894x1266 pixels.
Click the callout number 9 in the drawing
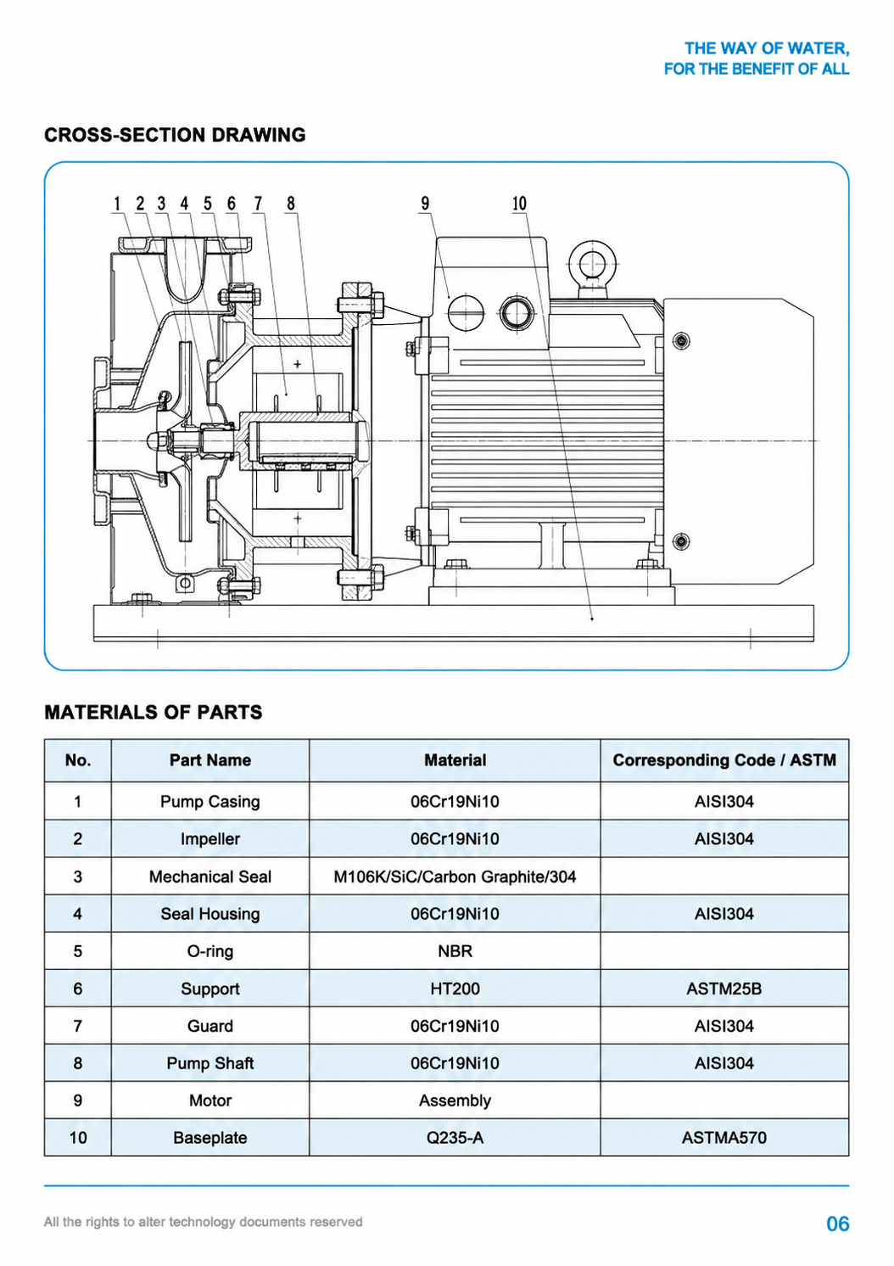click(x=425, y=203)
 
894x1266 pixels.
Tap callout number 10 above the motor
click(x=519, y=203)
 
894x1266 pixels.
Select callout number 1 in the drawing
click(x=118, y=203)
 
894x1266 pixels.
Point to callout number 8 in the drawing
click(x=290, y=203)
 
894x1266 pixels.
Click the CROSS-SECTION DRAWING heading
click(x=176, y=135)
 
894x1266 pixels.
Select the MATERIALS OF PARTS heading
click(x=154, y=712)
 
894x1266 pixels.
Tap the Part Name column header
click(x=210, y=760)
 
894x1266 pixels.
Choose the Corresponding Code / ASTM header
click(x=724, y=760)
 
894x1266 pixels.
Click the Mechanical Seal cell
click(x=210, y=877)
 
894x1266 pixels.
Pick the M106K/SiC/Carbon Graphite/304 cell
click(x=455, y=877)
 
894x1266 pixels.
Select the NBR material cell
click(x=455, y=951)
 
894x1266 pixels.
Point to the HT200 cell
click(x=455, y=989)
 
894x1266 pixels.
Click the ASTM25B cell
click(x=724, y=989)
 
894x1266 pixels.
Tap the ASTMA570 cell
click(x=724, y=1138)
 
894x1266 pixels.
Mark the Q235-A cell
click(x=455, y=1138)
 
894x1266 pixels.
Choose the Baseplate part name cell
click(x=210, y=1138)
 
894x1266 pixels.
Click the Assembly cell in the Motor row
click(x=455, y=1101)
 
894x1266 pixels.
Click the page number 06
click(x=837, y=1224)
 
